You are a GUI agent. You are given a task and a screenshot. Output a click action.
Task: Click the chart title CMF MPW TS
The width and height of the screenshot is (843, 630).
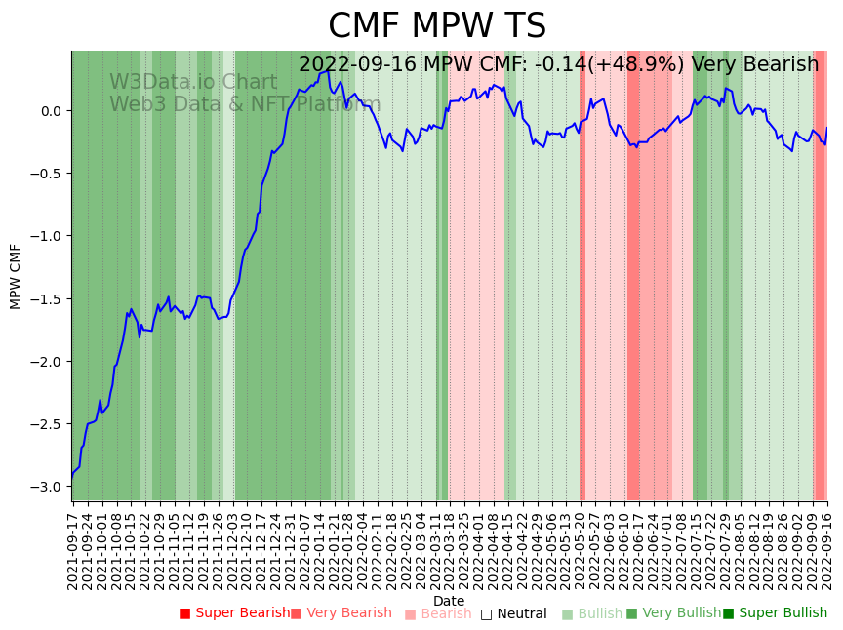(x=437, y=26)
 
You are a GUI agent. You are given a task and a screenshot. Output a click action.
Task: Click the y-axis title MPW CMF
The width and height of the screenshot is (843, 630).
(x=16, y=276)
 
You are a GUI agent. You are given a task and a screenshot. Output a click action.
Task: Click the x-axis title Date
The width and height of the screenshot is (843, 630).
(x=449, y=601)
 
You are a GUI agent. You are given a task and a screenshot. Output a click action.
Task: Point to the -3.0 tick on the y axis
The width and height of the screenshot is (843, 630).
(x=49, y=487)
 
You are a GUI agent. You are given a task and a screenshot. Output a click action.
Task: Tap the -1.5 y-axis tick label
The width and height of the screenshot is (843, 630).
(x=49, y=298)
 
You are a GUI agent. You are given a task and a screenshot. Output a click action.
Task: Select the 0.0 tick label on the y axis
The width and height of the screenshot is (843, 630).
(x=52, y=110)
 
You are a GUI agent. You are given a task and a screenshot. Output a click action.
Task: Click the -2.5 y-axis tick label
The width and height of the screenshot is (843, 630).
(x=49, y=424)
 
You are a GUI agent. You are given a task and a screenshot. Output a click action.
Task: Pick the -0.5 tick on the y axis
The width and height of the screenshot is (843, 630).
(x=49, y=174)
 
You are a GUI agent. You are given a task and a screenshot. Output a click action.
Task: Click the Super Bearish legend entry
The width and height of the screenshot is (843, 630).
(x=234, y=613)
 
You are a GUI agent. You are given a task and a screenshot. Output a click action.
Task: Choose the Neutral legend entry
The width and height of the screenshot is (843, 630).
(x=513, y=614)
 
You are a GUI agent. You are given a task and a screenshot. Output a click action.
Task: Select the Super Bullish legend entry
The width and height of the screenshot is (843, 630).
(x=775, y=613)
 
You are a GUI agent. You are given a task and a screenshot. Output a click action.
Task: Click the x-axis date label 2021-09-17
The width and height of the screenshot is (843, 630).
(x=72, y=551)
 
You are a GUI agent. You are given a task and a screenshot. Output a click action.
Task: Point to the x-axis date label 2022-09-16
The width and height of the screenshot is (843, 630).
(x=828, y=551)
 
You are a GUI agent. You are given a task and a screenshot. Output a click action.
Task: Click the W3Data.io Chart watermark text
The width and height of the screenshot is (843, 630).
(x=193, y=82)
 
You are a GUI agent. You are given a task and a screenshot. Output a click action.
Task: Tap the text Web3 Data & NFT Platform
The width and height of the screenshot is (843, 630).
(x=245, y=104)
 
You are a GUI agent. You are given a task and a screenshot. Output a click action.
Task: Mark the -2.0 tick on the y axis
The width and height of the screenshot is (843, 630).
(x=49, y=362)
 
